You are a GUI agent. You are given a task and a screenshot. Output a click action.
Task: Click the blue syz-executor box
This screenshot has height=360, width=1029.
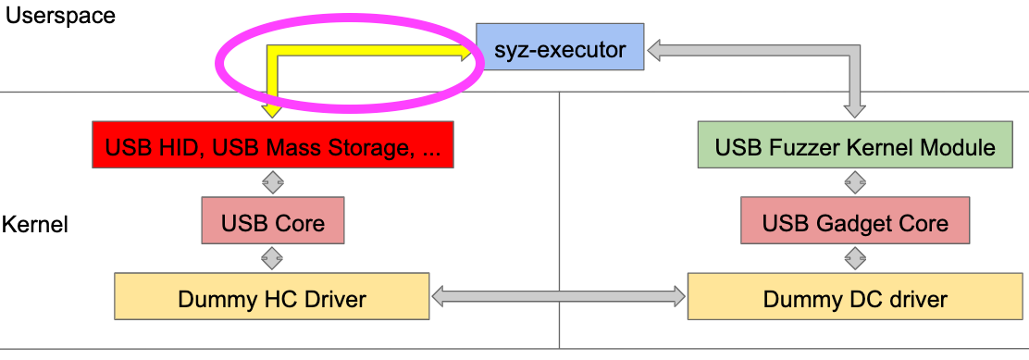[559, 48]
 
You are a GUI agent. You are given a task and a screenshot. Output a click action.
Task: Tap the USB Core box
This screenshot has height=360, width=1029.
[272, 223]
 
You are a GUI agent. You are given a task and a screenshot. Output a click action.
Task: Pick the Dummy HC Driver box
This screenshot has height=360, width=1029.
[271, 298]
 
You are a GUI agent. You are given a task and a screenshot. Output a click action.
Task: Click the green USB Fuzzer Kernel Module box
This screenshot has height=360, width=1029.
[855, 147]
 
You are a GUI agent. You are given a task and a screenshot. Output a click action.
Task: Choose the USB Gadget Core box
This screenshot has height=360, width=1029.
[855, 223]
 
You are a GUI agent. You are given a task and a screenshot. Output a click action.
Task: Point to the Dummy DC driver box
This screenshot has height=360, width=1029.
[855, 298]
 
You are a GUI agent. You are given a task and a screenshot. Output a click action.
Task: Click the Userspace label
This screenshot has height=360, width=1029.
[61, 16]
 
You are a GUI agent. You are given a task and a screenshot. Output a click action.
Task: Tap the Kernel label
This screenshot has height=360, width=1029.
[35, 224]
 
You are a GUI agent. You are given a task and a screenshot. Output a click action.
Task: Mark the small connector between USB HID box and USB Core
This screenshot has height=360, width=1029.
[272, 182]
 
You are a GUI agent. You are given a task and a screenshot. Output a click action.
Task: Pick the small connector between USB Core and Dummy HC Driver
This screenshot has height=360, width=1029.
[272, 258]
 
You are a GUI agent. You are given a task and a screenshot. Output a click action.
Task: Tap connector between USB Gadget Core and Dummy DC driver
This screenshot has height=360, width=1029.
[855, 258]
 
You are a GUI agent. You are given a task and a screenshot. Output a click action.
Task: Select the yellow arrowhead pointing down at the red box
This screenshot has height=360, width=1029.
[272, 110]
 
